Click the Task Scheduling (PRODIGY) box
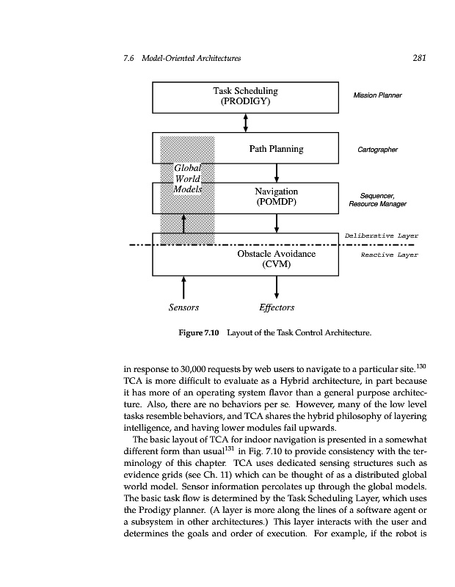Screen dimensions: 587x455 click(245, 97)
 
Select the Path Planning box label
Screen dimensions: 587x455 click(276, 149)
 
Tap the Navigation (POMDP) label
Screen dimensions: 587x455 click(276, 197)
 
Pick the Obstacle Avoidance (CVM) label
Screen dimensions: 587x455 click(276, 259)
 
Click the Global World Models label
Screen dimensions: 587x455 click(187, 178)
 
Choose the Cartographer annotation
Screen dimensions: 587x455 click(377, 150)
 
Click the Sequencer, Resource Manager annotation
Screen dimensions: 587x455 click(378, 200)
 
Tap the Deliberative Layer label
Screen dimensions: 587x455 click(381, 236)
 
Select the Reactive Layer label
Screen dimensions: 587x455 click(389, 255)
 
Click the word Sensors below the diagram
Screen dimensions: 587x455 click(183, 307)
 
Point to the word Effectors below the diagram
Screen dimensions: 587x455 click(277, 307)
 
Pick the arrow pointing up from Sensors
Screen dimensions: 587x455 click(183, 287)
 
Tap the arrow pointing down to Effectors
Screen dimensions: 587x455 click(277, 287)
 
